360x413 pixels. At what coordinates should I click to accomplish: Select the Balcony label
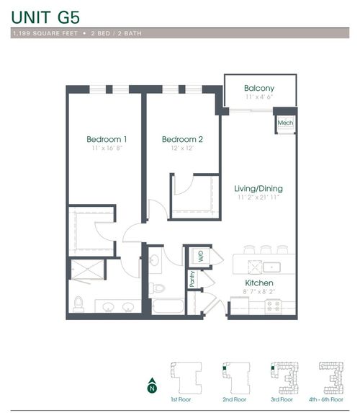[x=258, y=88]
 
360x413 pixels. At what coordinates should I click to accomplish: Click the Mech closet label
[x=284, y=123]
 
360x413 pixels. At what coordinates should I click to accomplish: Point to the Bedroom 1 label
[x=107, y=139]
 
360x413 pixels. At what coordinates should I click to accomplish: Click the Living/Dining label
[x=258, y=189]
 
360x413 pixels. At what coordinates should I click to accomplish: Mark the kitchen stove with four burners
[x=273, y=305]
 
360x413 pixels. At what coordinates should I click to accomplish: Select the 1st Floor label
[x=179, y=399]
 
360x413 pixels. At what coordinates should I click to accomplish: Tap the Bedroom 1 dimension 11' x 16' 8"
[x=107, y=148]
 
